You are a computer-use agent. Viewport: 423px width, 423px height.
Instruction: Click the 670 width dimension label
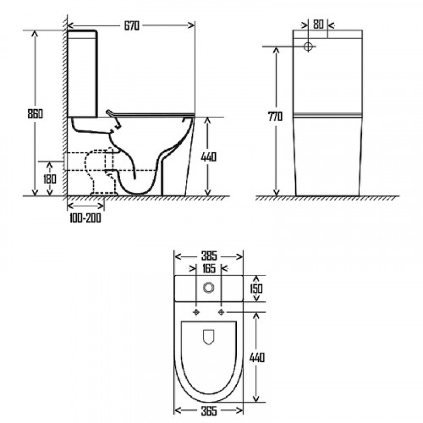click(132, 25)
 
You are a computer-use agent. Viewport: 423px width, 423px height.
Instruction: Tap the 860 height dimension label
click(36, 113)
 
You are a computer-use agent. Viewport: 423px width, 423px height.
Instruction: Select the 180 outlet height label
click(50, 179)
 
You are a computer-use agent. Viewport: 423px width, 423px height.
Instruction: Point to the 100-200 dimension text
click(85, 217)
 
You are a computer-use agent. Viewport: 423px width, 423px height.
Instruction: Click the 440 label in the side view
click(209, 157)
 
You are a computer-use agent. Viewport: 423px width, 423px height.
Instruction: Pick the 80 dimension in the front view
click(318, 25)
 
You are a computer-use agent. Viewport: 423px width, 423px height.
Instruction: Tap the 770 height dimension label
click(275, 117)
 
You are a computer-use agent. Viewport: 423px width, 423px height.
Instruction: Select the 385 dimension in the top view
click(209, 256)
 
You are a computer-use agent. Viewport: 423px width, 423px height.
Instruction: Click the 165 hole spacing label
click(209, 268)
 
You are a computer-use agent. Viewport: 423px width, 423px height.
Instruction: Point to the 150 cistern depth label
click(256, 288)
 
